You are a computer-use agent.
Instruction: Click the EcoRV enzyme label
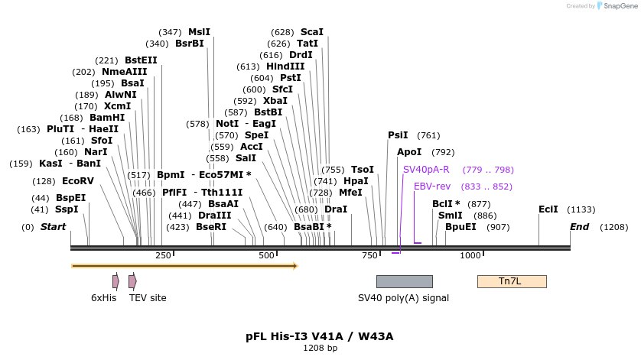77,181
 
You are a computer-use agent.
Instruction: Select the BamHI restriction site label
107,118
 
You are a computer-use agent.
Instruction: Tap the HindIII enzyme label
285,66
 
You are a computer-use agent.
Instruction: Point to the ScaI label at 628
311,32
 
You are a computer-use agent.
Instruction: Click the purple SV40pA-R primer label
426,170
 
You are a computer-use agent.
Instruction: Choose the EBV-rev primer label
432,186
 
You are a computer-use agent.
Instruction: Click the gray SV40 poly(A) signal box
404,281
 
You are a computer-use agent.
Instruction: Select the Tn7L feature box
511,281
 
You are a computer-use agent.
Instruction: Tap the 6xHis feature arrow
116,281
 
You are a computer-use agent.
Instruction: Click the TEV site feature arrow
132,281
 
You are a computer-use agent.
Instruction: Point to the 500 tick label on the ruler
266,255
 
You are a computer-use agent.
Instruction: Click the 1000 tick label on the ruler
470,255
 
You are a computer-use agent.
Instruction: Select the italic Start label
53,227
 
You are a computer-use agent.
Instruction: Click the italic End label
579,227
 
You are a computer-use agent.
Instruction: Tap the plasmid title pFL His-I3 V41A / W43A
320,336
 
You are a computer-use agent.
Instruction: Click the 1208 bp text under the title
320,348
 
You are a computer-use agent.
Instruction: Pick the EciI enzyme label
548,209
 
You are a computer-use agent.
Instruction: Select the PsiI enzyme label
398,135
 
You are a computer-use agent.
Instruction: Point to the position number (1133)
581,209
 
